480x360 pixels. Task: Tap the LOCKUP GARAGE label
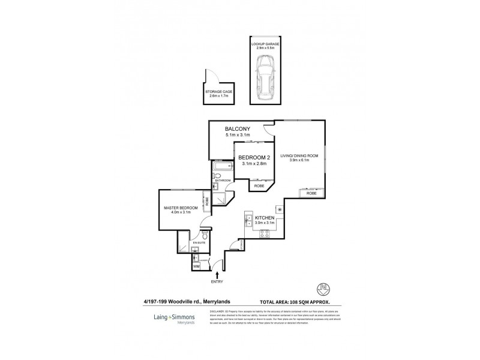coord(266,44)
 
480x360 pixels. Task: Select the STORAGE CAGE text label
coord(218,91)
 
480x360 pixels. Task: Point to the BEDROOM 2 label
coord(255,158)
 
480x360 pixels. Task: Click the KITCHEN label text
coord(265,217)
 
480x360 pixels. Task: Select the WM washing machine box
coord(196,266)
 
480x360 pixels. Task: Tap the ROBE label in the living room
coord(311,194)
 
